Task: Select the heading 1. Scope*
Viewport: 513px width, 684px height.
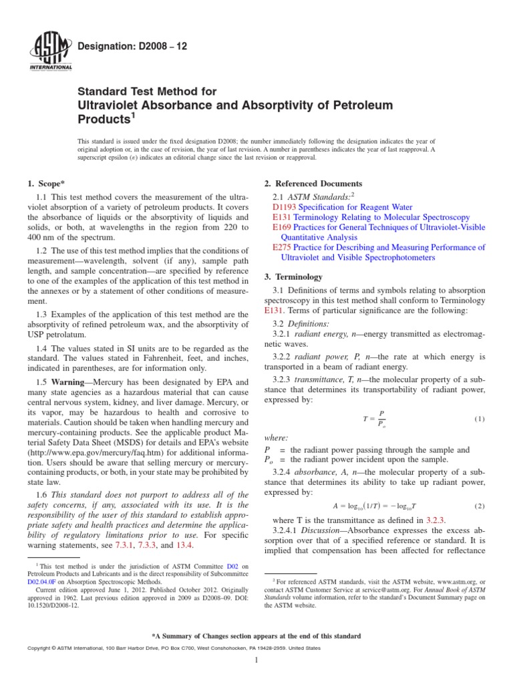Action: click(50, 184)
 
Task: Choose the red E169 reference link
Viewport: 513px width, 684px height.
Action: click(283, 228)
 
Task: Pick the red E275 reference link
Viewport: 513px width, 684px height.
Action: click(283, 247)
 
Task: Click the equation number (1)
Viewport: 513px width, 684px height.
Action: click(479, 419)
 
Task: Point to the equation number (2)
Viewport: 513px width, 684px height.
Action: click(479, 506)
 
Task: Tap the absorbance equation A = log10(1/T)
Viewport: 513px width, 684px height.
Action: click(375, 506)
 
